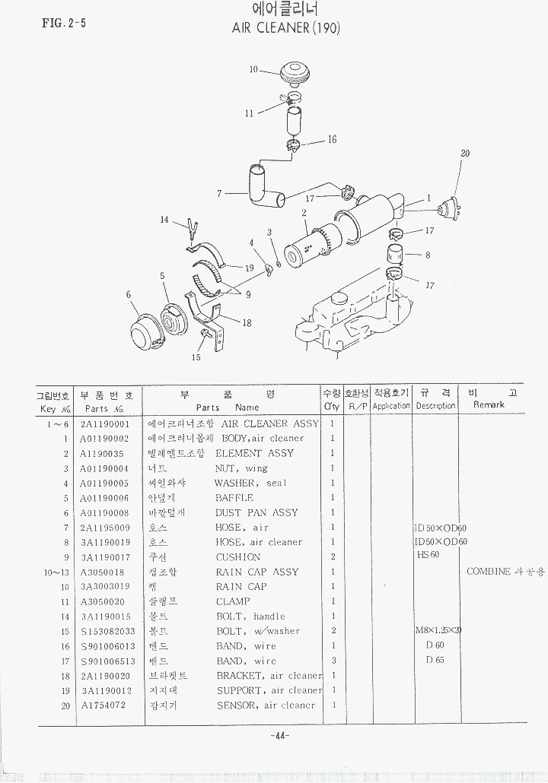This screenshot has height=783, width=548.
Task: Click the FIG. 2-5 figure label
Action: coord(64,23)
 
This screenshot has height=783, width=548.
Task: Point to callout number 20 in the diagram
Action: coord(465,154)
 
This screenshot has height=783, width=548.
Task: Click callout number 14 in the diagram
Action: coord(164,220)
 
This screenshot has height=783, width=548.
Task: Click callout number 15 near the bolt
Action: coord(196,357)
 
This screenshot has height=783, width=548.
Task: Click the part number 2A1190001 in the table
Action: coord(105,423)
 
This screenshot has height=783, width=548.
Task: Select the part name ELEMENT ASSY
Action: coord(254,453)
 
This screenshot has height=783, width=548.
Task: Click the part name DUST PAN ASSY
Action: coord(256,512)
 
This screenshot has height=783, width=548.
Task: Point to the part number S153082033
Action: coord(107,631)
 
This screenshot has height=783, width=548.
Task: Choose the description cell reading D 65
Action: coord(435,661)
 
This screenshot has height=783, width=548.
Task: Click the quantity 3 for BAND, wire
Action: coord(333,661)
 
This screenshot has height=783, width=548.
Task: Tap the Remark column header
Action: coord(489,405)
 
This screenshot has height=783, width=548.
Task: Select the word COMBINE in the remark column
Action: coord(489,572)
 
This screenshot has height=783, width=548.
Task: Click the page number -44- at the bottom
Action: coord(279,735)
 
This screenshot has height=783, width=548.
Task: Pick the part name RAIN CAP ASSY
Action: coord(257,572)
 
